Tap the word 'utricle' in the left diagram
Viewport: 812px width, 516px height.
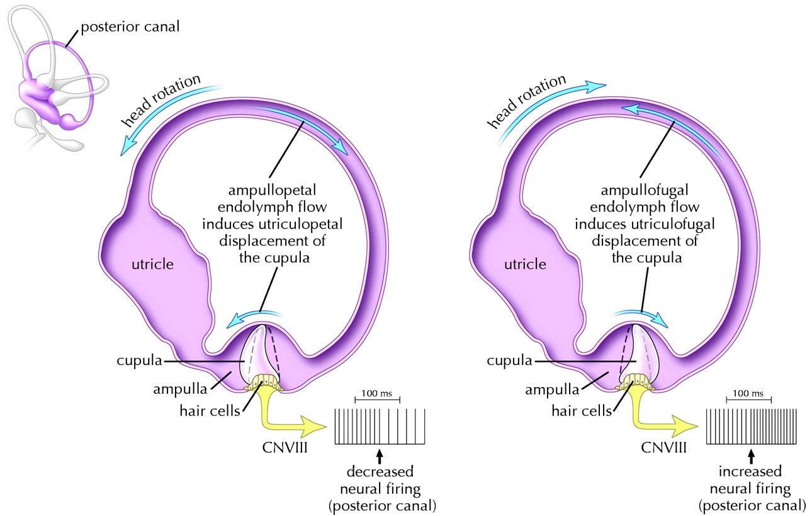tap(152, 264)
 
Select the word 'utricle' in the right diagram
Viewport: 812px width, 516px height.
tap(525, 264)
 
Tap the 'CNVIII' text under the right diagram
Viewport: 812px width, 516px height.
tap(663, 448)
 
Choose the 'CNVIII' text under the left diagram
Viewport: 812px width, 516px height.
tap(285, 448)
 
